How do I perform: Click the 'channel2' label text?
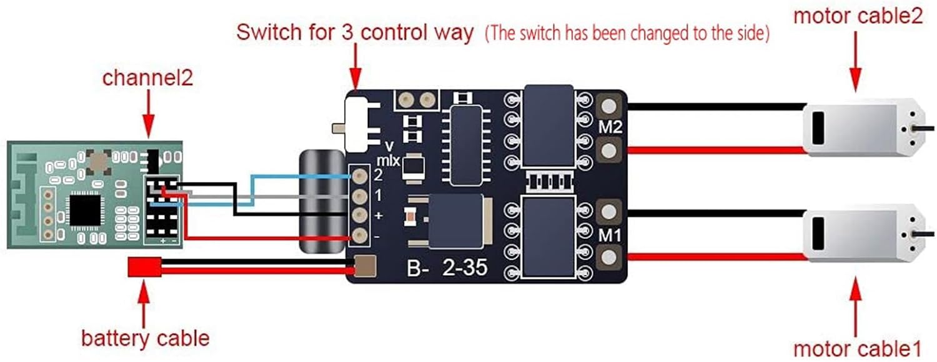[147, 79]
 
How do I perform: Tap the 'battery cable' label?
[145, 338]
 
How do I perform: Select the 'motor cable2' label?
[858, 16]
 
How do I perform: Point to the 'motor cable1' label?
[858, 347]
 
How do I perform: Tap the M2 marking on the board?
[610, 128]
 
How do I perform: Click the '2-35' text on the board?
[465, 270]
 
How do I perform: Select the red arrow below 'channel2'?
[148, 113]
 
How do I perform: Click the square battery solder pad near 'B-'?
[365, 267]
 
